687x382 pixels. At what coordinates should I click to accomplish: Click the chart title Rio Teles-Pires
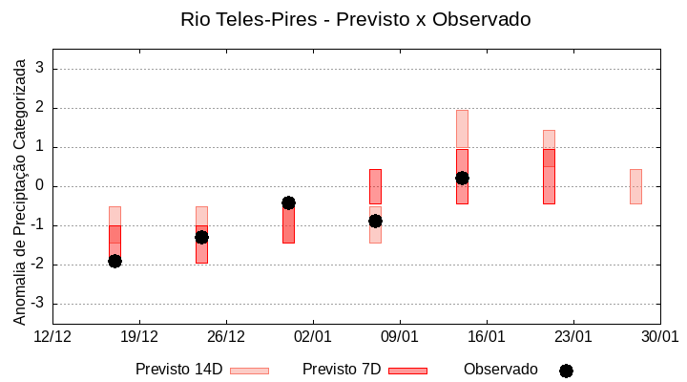tap(356, 19)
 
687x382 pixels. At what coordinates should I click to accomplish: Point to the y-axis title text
tap(19, 188)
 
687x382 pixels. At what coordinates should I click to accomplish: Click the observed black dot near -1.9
tap(114, 261)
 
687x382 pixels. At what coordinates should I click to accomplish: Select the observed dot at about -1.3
tap(201, 237)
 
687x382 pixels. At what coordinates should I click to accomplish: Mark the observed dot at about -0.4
tap(288, 202)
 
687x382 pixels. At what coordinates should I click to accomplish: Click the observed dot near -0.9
tap(375, 221)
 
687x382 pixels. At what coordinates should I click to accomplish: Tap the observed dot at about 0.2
tap(462, 178)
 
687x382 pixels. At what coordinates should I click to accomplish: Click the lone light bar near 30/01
tap(635, 186)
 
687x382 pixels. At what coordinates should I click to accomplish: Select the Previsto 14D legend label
tap(178, 370)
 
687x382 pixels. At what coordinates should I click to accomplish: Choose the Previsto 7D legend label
tap(342, 370)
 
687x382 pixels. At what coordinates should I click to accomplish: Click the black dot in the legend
tap(566, 371)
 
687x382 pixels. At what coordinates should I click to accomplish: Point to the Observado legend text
tap(501, 370)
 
